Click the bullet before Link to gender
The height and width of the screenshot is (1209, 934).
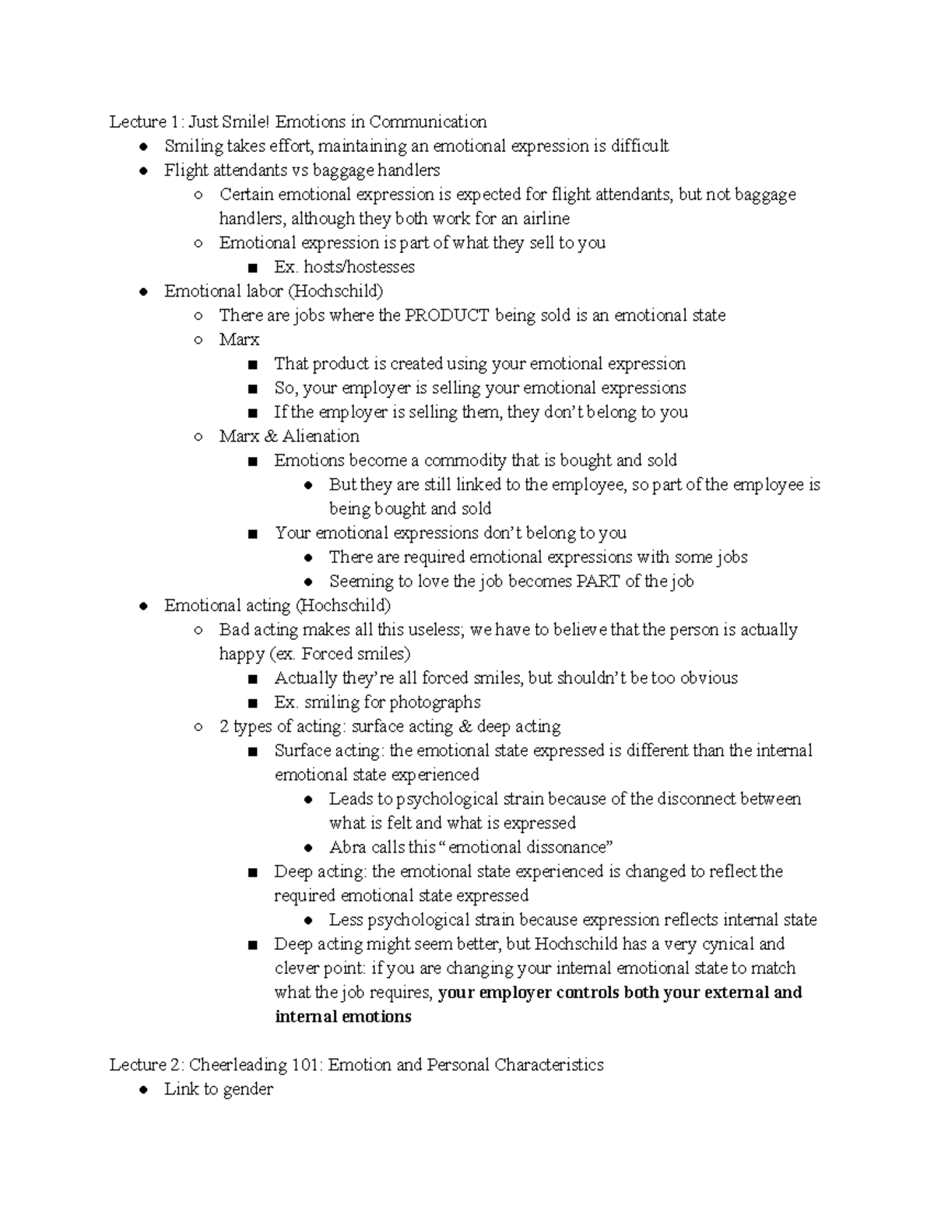tap(143, 1090)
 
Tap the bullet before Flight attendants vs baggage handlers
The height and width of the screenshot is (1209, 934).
tap(143, 170)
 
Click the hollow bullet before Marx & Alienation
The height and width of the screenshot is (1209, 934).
tap(198, 437)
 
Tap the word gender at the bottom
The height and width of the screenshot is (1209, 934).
tap(248, 1090)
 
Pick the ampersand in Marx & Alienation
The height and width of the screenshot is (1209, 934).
tap(271, 436)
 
